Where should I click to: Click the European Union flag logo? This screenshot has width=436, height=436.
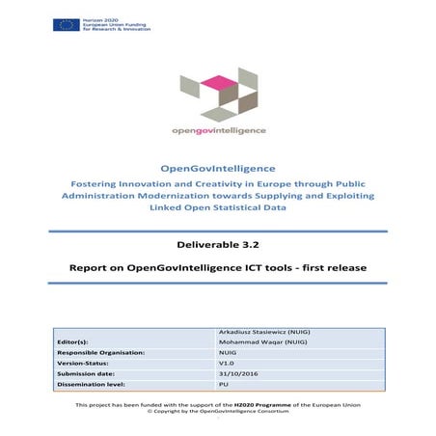click(67, 23)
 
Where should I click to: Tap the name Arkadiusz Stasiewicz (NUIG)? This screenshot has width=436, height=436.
click(265, 332)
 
